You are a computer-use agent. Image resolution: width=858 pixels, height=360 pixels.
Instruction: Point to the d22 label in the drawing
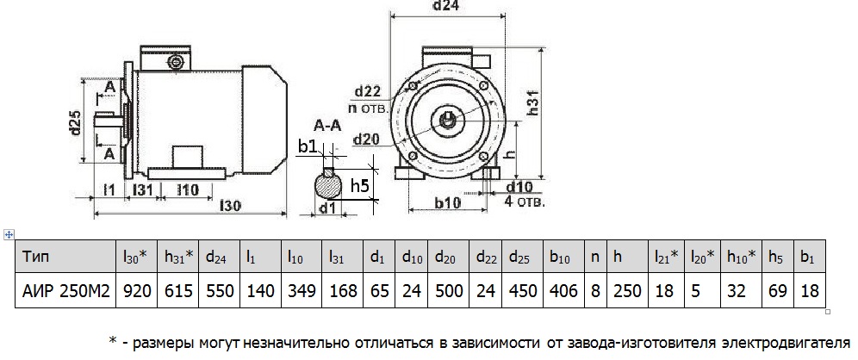tap(367, 92)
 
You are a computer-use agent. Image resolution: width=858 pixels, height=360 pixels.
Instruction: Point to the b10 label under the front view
tap(446, 204)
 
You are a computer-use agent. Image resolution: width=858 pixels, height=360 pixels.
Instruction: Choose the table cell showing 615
tap(177, 292)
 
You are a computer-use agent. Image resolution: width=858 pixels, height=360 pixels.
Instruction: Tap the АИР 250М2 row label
tap(65, 292)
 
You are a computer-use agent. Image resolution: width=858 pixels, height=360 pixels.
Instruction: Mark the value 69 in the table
tap(776, 292)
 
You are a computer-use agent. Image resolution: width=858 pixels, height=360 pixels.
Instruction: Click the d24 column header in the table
tap(217, 257)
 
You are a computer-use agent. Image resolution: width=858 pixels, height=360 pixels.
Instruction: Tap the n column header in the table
tap(595, 257)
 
